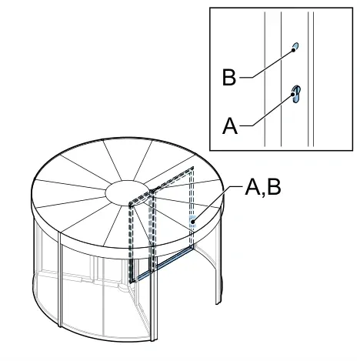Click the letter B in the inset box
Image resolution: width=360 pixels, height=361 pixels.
(x=229, y=77)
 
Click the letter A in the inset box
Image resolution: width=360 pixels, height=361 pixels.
(x=230, y=125)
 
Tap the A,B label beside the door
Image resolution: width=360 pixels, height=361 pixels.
(x=263, y=187)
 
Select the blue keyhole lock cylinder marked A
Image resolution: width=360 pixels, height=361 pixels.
(x=296, y=94)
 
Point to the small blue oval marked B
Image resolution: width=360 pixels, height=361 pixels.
(x=295, y=47)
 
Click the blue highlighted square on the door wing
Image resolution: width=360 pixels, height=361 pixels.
(x=192, y=221)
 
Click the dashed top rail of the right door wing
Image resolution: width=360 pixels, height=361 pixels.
(x=172, y=179)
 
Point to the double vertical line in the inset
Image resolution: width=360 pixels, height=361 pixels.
(x=311, y=79)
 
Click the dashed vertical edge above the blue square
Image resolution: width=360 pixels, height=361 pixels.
(x=192, y=192)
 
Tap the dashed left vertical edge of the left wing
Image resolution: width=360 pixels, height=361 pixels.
(x=132, y=242)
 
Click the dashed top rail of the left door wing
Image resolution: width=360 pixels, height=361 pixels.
(x=140, y=198)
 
